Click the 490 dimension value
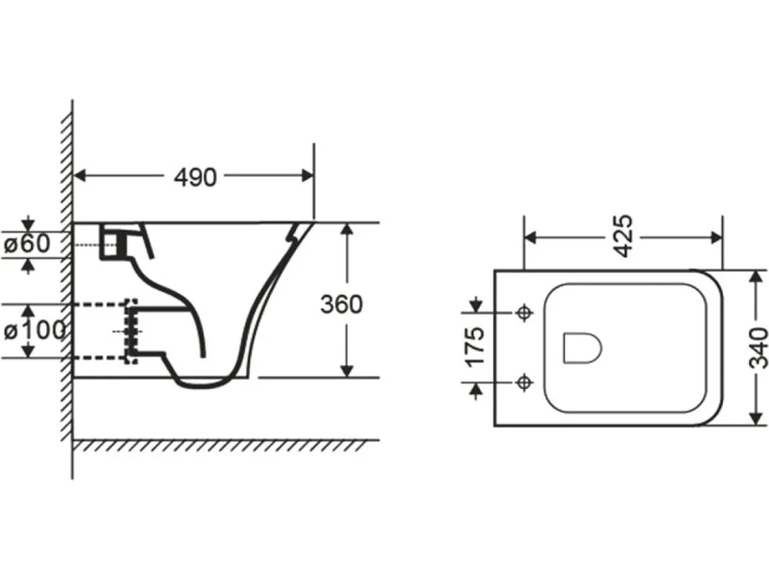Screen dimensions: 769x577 pyautogui.click(x=195, y=178)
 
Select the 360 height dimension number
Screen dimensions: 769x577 pyautogui.click(x=342, y=304)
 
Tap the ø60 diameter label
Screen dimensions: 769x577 pyautogui.click(x=27, y=243)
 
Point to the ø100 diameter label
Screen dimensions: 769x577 pyautogui.click(x=34, y=331)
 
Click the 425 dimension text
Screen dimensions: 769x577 pyautogui.click(x=624, y=236)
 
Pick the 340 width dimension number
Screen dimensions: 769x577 pyautogui.click(x=758, y=348)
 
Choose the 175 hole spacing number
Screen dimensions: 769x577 pyautogui.click(x=475, y=347)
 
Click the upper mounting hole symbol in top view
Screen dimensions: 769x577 pyautogui.click(x=524, y=311)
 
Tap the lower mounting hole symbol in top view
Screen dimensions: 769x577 pyautogui.click(x=524, y=382)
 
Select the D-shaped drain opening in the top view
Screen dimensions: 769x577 pyautogui.click(x=582, y=348)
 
